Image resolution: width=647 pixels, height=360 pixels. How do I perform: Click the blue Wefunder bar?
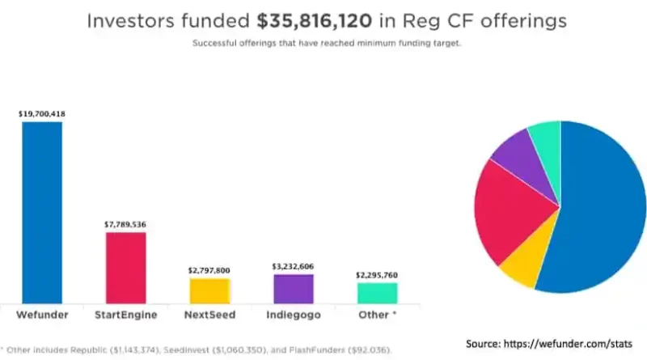click(42, 212)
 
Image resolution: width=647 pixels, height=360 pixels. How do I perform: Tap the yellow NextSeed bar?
click(209, 290)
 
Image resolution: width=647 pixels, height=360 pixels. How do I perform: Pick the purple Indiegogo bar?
click(293, 288)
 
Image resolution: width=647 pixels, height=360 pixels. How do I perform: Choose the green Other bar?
click(377, 292)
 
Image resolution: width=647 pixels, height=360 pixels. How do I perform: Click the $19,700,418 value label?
click(42, 114)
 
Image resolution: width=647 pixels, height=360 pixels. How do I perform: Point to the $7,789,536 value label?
click(125, 223)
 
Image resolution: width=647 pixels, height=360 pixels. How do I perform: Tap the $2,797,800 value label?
click(209, 269)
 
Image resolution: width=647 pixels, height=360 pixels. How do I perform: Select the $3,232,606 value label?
click(293, 265)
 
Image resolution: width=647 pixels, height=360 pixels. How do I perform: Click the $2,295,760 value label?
click(377, 275)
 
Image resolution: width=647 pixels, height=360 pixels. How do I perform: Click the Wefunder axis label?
click(42, 312)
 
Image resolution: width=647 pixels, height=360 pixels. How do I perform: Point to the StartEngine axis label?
click(125, 312)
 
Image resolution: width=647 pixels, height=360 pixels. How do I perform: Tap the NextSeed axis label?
click(209, 312)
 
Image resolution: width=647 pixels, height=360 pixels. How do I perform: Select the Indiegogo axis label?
click(293, 312)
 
